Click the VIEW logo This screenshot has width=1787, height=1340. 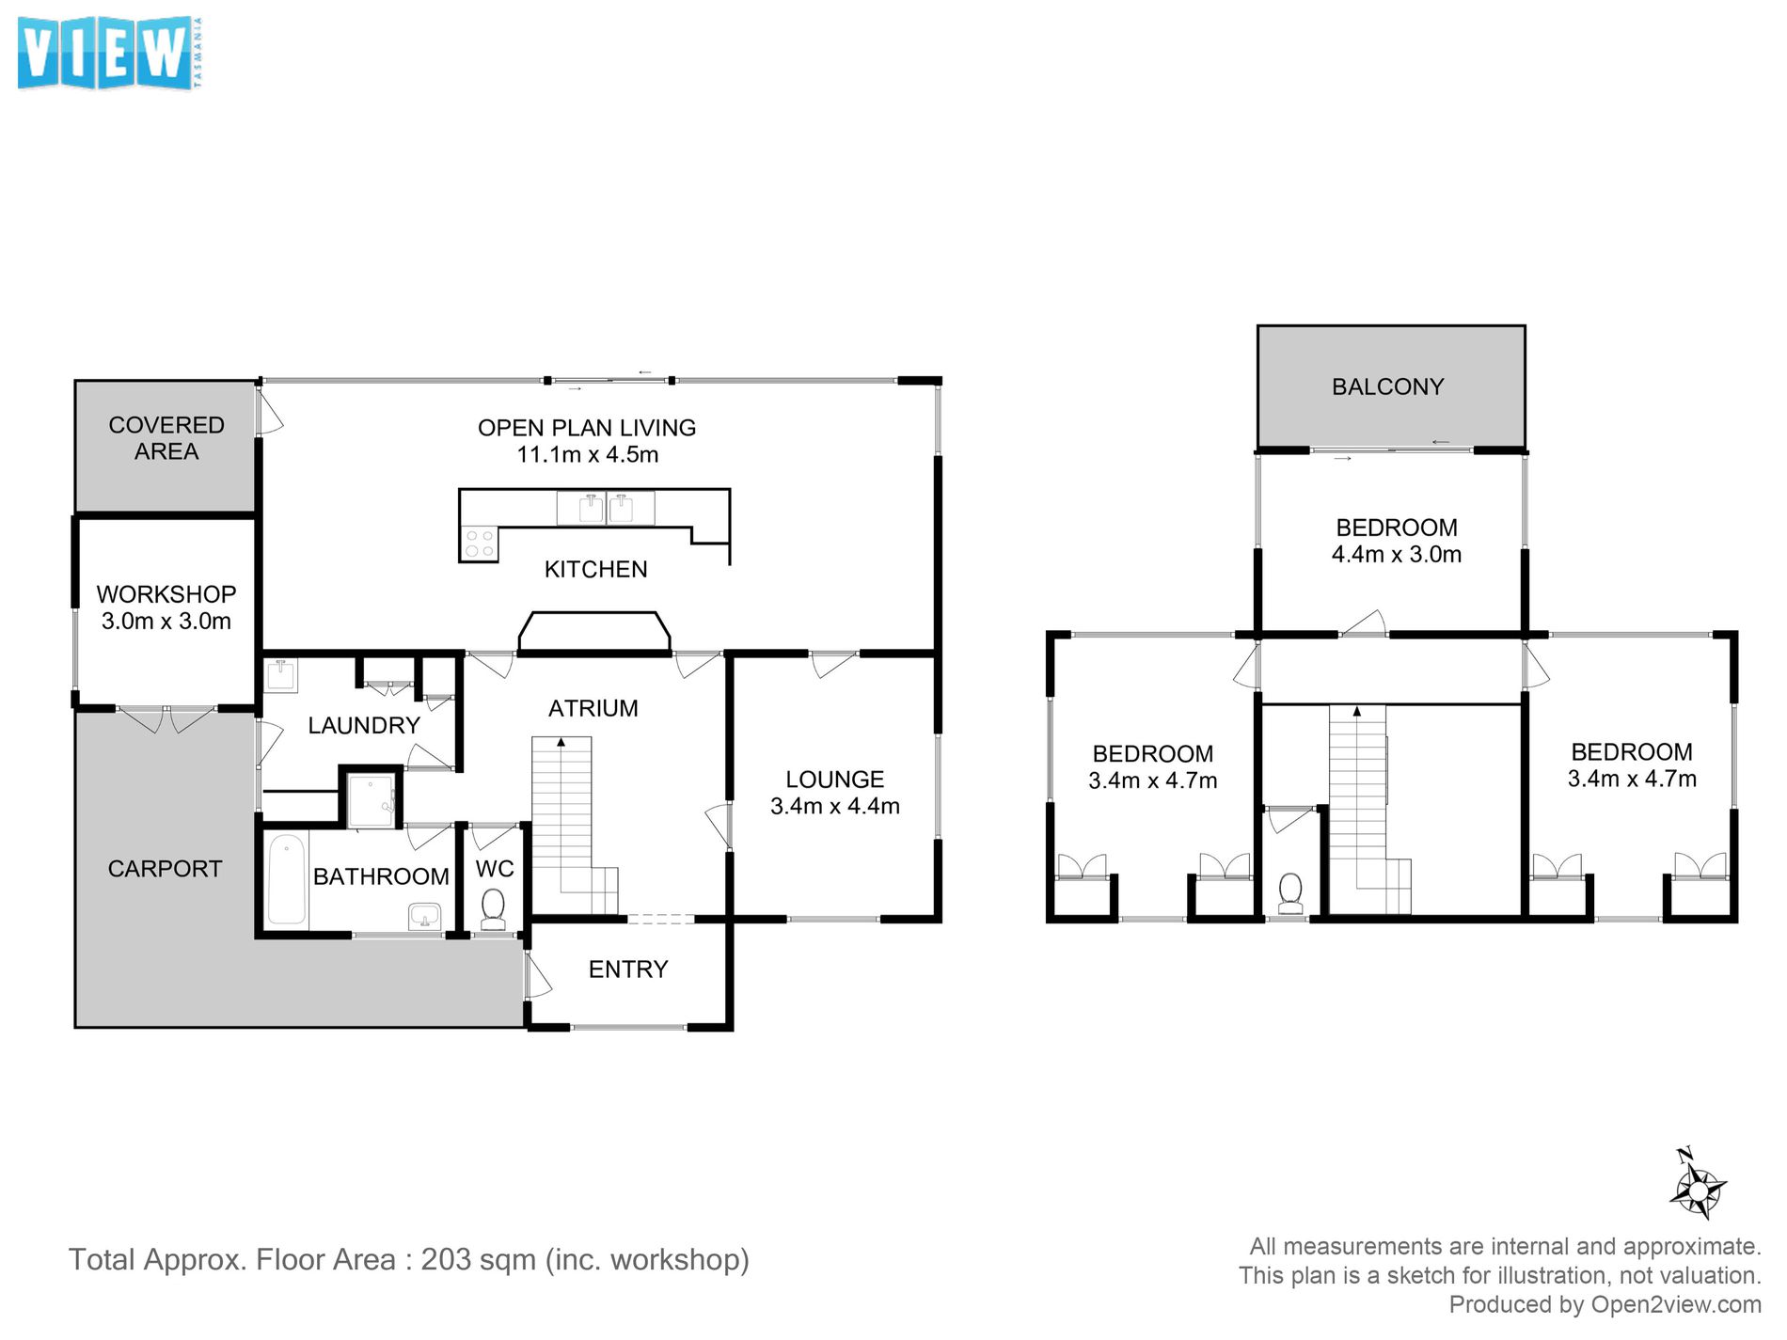click(x=110, y=54)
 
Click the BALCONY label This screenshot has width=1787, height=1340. click(x=1387, y=386)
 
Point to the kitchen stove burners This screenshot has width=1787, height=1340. click(x=479, y=544)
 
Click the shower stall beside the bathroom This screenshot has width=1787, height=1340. click(x=371, y=800)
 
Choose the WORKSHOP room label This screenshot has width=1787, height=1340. click(x=166, y=594)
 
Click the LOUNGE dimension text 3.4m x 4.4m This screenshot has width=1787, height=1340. click(x=835, y=806)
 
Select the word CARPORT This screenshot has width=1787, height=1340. click(x=165, y=869)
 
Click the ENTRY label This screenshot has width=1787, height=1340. click(x=628, y=970)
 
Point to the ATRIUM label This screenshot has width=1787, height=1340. click(x=593, y=708)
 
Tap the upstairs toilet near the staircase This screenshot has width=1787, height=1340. click(x=1290, y=892)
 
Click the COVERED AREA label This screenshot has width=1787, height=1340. click(x=166, y=438)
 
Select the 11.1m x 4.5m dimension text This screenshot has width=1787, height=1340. click(x=587, y=454)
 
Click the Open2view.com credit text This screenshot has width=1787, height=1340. click(x=1676, y=1305)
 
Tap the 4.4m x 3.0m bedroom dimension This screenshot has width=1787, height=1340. click(x=1397, y=554)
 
